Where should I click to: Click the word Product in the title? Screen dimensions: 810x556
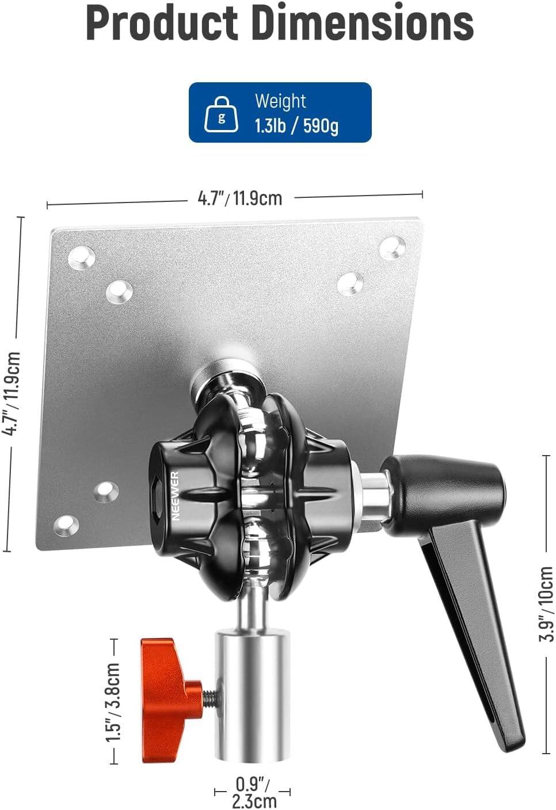tap(162, 22)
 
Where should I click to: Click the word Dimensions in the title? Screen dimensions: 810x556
tap(363, 22)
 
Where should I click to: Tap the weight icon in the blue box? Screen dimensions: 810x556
tap(222, 114)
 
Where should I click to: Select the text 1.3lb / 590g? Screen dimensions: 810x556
tap(296, 125)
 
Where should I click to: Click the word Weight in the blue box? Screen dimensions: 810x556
tap(280, 101)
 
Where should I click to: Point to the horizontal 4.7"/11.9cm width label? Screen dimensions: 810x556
tap(240, 198)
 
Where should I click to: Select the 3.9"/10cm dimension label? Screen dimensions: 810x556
tap(547, 603)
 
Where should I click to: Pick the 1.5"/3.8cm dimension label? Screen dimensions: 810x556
tap(113, 702)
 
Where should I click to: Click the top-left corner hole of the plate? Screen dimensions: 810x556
tap(81, 257)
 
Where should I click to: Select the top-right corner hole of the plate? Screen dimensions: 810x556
tap(393, 246)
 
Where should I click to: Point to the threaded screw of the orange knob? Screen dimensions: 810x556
tap(210, 698)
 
